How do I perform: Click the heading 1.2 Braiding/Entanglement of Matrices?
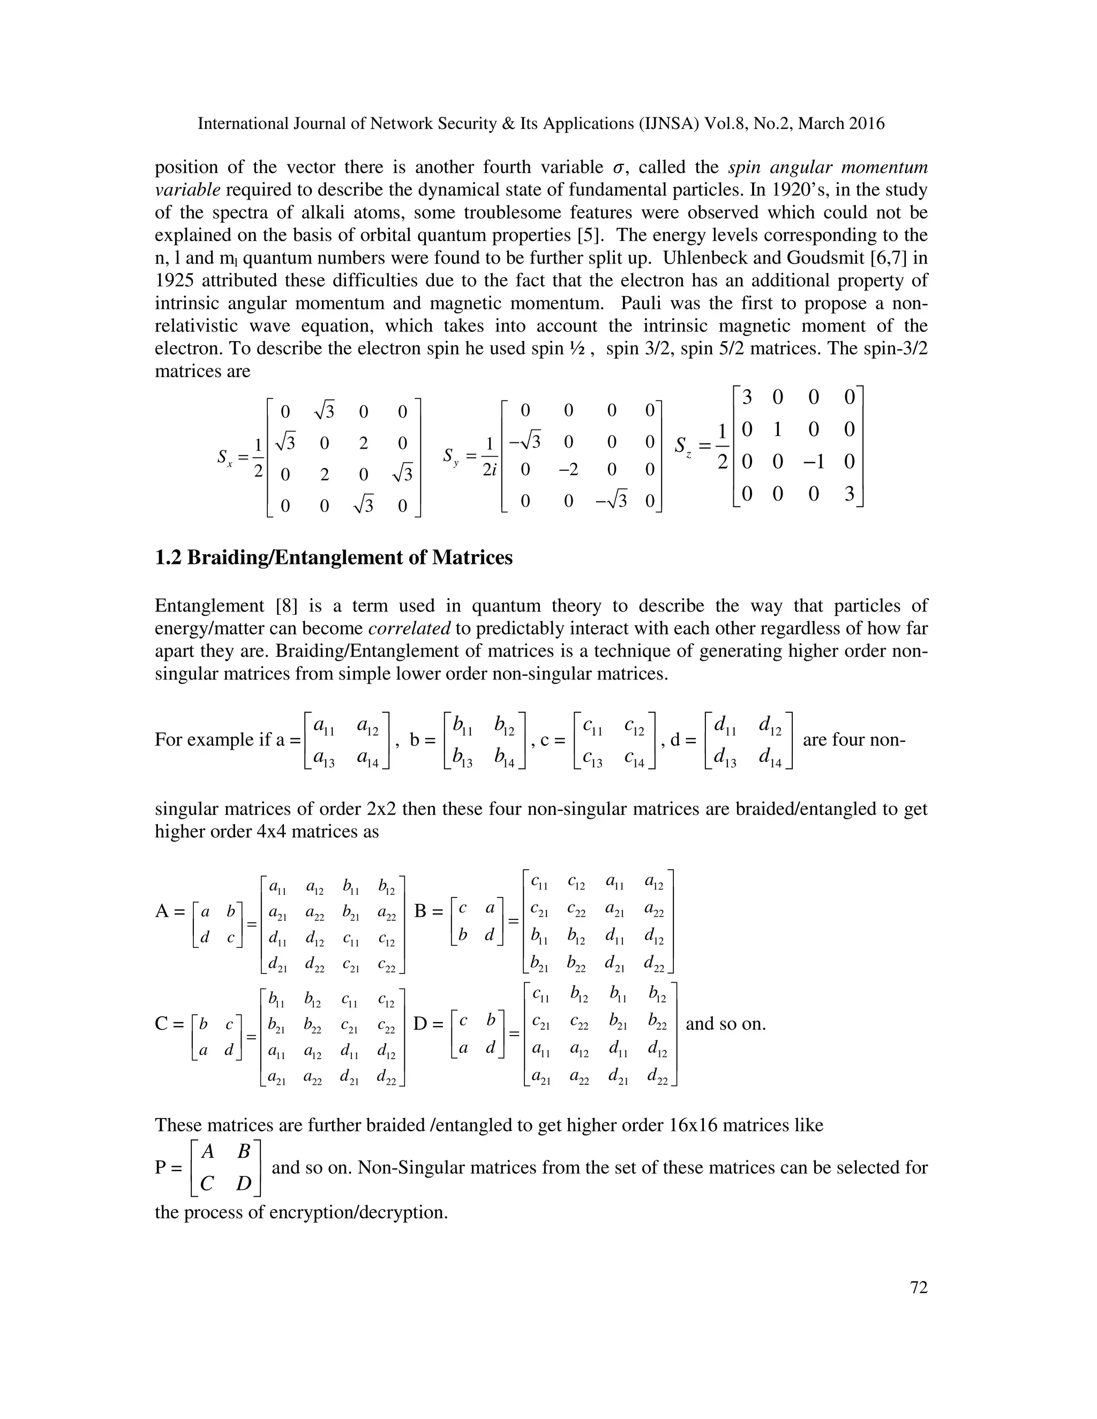333,557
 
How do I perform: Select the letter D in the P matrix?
243,1184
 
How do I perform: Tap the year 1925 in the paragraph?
174,281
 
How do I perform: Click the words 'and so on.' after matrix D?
725,1024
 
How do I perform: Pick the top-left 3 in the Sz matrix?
747,396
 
